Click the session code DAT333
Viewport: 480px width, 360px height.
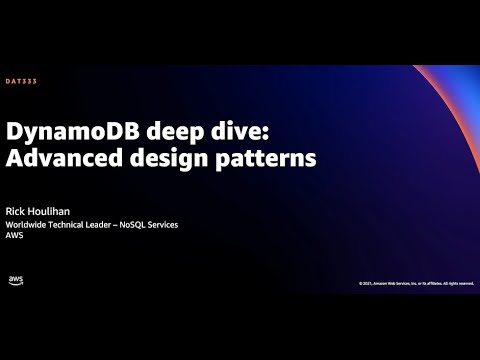[22, 80]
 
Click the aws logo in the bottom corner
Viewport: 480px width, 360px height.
[16, 280]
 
